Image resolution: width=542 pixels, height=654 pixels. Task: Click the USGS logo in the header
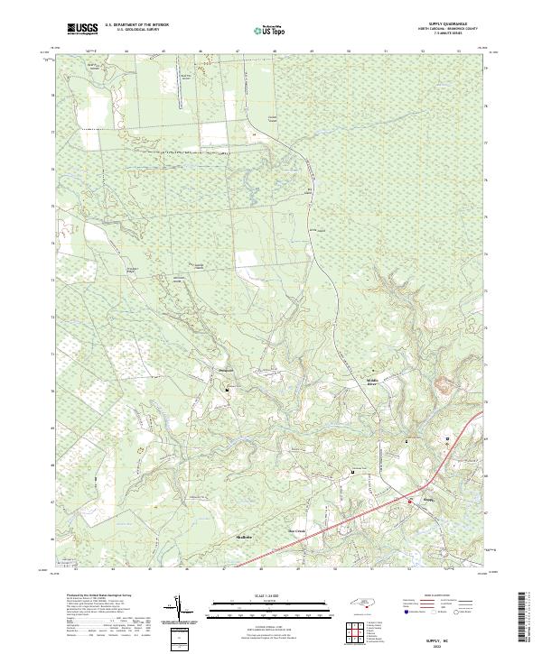coord(82,30)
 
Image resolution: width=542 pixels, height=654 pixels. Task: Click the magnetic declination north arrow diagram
coord(179,610)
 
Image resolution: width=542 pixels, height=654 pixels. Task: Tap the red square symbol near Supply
coord(409,502)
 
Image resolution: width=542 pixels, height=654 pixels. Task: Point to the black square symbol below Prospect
coord(227,390)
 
